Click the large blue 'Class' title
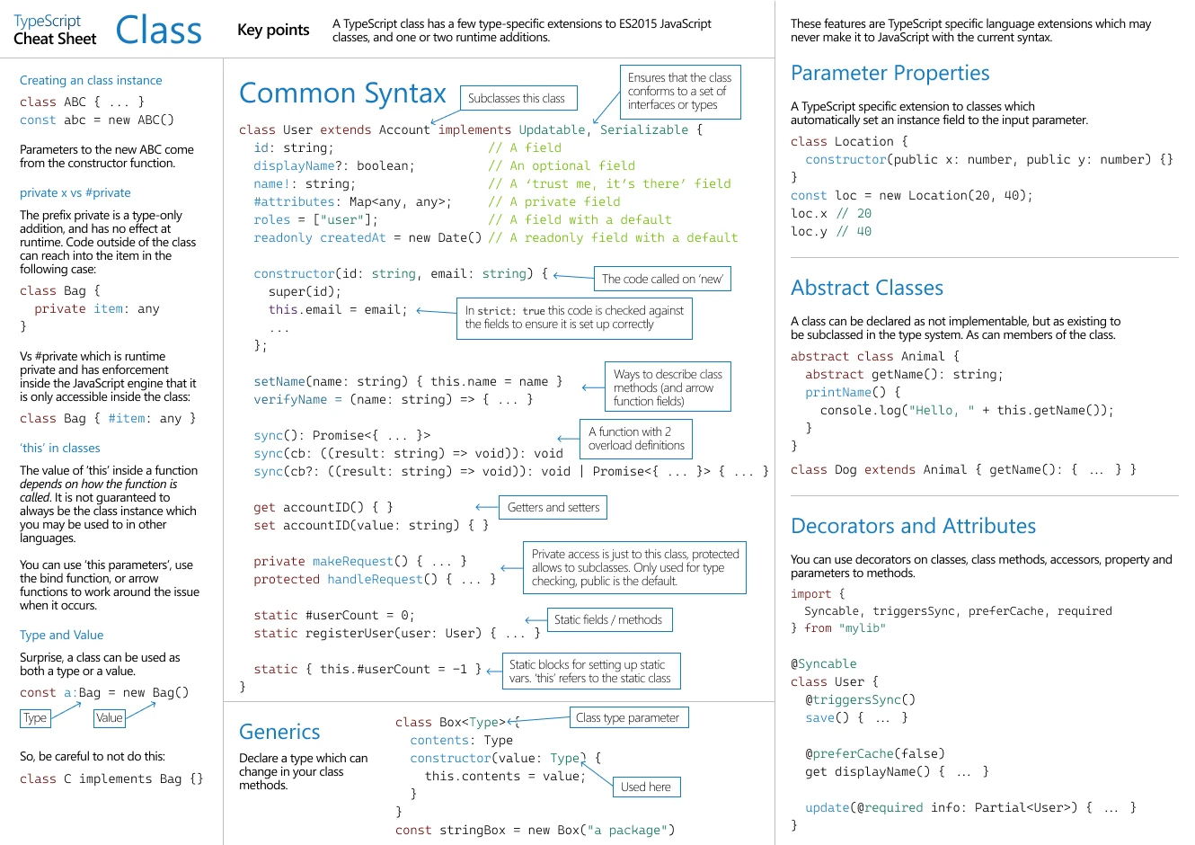[158, 30]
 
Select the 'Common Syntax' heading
[342, 93]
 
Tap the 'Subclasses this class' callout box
[518, 98]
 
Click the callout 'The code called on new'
[662, 279]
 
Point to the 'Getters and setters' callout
[553, 507]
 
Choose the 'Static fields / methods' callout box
[610, 619]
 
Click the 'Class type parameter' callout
[629, 717]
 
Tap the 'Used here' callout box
[647, 787]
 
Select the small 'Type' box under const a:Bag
[35, 718]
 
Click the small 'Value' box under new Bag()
[110, 718]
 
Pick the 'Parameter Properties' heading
[890, 73]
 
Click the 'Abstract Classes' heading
[867, 288]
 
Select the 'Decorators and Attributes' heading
[913, 526]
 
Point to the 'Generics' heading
[279, 732]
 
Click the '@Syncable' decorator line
[824, 663]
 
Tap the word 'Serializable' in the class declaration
[644, 129]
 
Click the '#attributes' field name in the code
[294, 201]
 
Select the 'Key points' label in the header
[273, 30]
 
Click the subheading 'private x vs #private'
[75, 192]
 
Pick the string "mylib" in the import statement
[863, 627]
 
